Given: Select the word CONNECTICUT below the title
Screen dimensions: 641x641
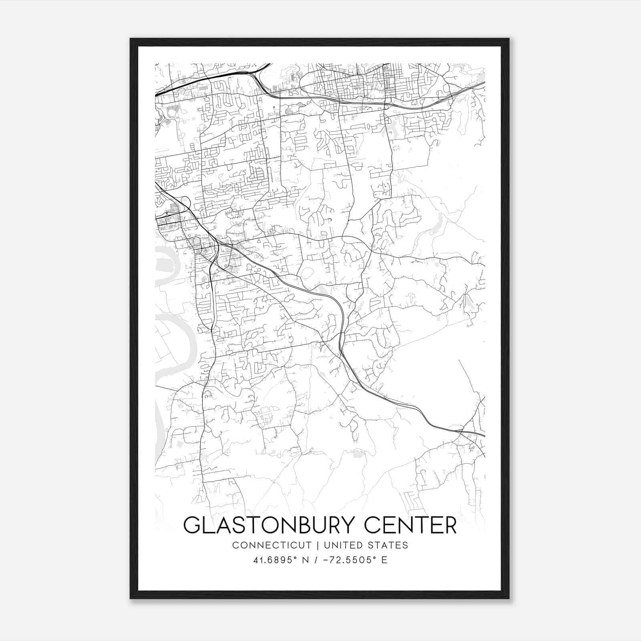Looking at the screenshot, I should coord(272,545).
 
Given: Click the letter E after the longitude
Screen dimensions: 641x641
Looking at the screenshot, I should coord(385,560).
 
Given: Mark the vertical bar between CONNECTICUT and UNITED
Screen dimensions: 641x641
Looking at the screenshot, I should coord(317,545).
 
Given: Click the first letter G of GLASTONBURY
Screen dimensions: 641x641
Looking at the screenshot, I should coord(191,525).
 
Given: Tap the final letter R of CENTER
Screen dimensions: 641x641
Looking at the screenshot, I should coord(451,525).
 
